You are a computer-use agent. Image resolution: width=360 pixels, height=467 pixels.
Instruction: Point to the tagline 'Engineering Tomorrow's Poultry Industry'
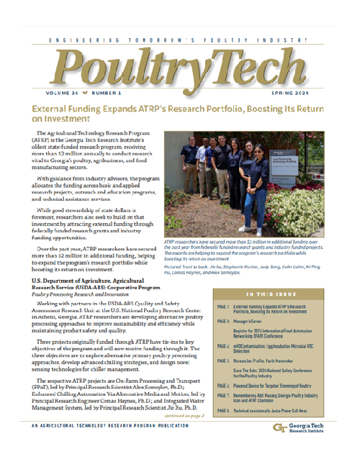click(x=179, y=42)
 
